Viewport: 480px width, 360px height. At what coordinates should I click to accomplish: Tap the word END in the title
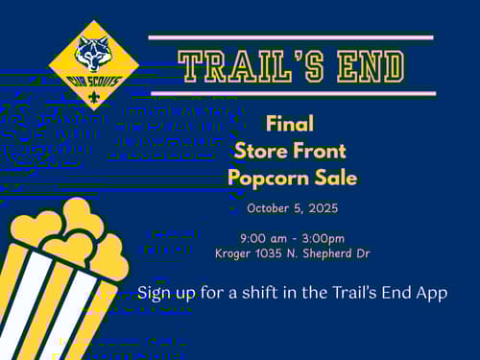tap(372, 66)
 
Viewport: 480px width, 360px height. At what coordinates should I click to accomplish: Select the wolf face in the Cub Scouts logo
tap(93, 53)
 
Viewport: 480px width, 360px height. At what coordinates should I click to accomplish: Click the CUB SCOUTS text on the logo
tap(94, 82)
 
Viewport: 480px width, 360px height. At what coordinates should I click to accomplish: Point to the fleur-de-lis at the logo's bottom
tap(94, 97)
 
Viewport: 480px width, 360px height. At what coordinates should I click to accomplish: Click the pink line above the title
tap(291, 37)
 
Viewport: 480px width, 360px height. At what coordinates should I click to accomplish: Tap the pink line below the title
tap(294, 93)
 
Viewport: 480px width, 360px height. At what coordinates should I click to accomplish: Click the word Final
tap(290, 124)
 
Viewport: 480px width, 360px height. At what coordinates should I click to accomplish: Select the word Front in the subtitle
tap(320, 151)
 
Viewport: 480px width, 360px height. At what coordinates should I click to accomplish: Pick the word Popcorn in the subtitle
tap(269, 179)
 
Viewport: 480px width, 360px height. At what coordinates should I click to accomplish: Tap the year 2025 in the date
tap(324, 208)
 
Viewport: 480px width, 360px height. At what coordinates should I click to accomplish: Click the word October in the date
tap(268, 208)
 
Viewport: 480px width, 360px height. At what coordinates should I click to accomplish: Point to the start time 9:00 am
tap(263, 238)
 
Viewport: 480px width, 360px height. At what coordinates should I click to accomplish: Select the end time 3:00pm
tap(324, 239)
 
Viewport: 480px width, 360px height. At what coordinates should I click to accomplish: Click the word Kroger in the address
tap(232, 253)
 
